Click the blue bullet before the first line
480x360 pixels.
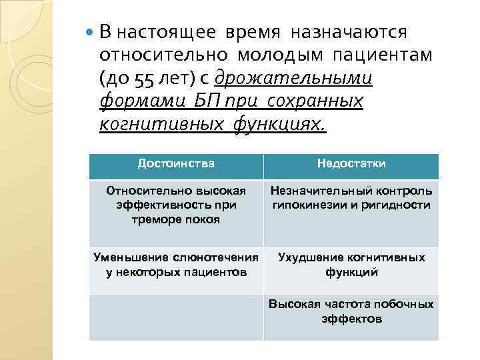(x=91, y=32)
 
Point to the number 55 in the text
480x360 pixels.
(x=142, y=79)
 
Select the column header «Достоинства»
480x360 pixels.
(x=176, y=163)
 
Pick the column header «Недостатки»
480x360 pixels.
(x=351, y=163)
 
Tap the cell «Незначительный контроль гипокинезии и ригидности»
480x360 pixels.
(x=351, y=198)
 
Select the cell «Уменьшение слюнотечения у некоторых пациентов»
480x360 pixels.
(x=176, y=265)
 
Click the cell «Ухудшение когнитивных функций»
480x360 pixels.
(x=351, y=265)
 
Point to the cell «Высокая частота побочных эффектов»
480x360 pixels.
(x=351, y=311)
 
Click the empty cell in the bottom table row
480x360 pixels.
(x=176, y=317)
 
